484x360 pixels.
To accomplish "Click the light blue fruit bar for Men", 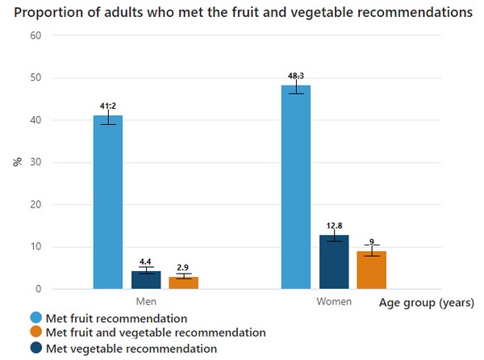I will pyautogui.click(x=108, y=202).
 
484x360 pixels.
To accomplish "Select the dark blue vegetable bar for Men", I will pyautogui.click(x=146, y=280).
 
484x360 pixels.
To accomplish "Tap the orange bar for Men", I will pyautogui.click(x=184, y=283).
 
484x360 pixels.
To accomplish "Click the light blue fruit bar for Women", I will pyautogui.click(x=296, y=186).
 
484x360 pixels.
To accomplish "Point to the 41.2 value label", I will pyautogui.click(x=108, y=105).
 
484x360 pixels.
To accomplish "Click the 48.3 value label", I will pyautogui.click(x=296, y=76).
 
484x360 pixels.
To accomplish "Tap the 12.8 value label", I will pyautogui.click(x=334, y=225).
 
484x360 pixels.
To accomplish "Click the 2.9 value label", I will pyautogui.click(x=184, y=267).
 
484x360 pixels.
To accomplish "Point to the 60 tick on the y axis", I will pyautogui.click(x=35, y=36).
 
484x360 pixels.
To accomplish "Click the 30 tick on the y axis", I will pyautogui.click(x=35, y=163).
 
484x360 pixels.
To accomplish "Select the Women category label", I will pyautogui.click(x=334, y=302).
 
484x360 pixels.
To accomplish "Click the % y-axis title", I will pyautogui.click(x=17, y=162).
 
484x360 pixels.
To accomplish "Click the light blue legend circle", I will pyautogui.click(x=35, y=318).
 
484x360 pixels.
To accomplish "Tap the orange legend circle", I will pyautogui.click(x=35, y=333).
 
